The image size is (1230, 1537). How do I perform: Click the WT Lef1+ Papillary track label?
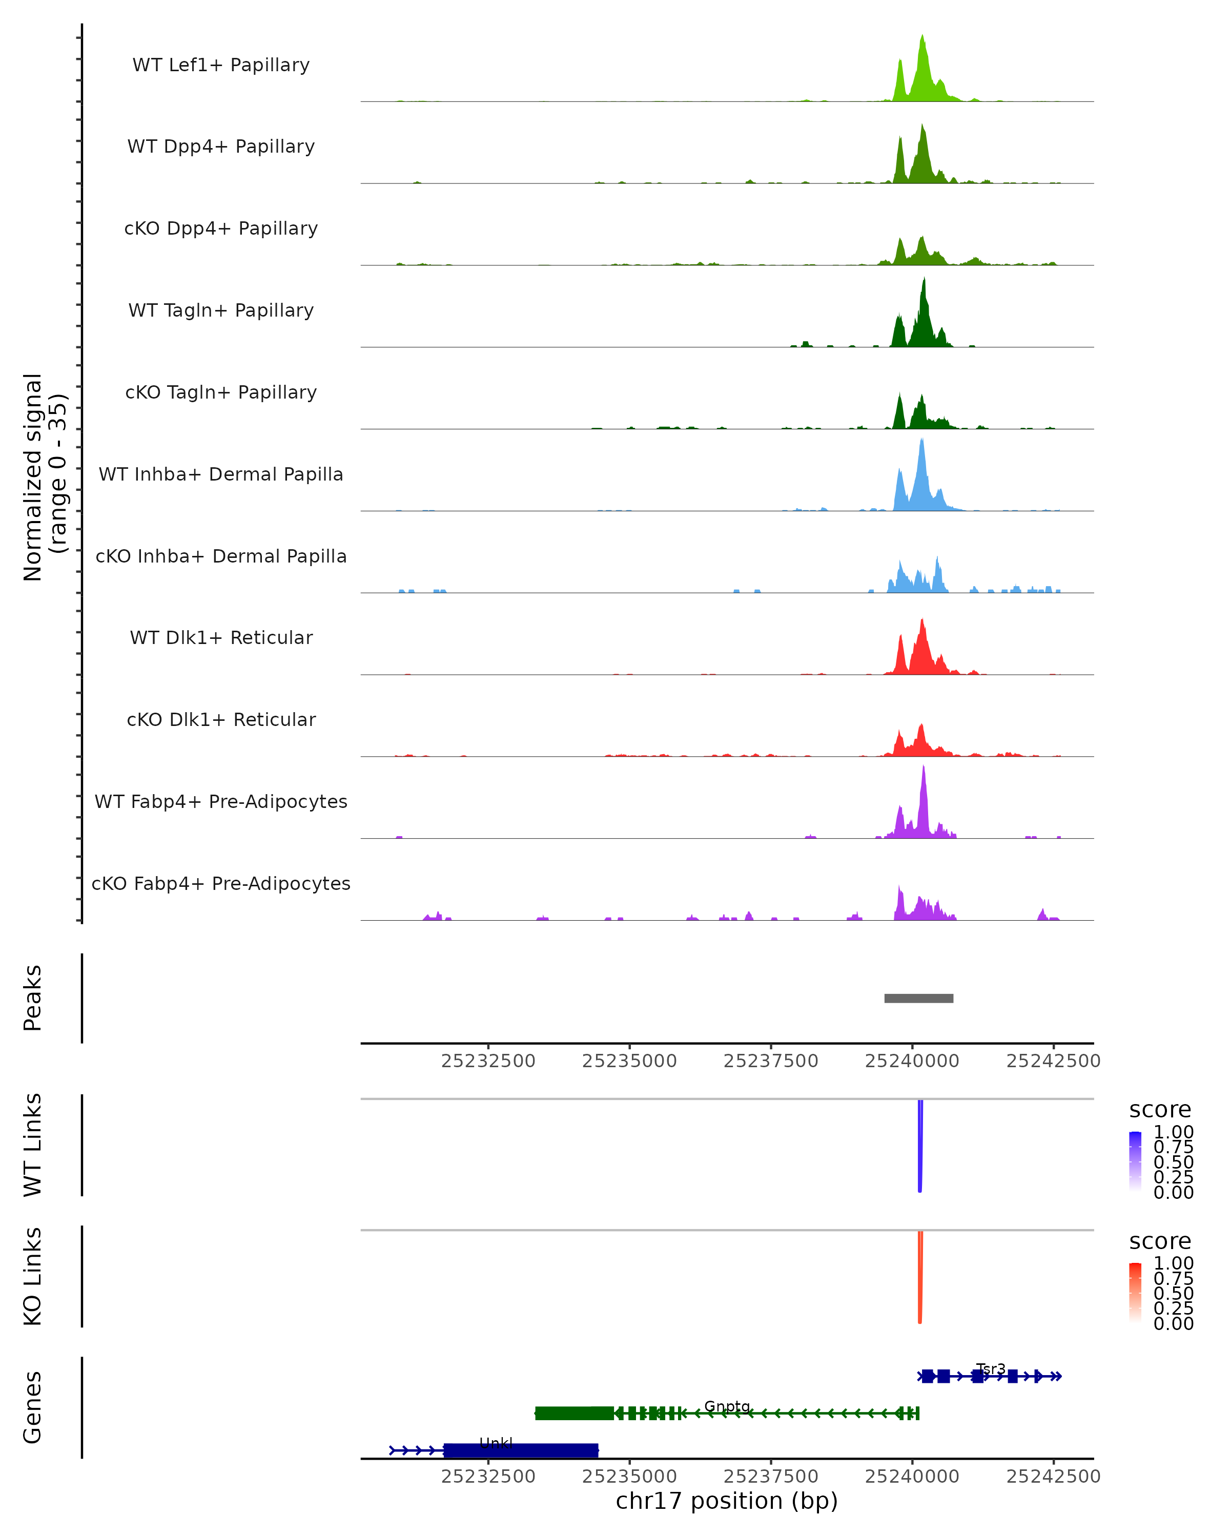pos(221,65)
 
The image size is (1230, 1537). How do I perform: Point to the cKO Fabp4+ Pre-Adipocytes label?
pos(221,883)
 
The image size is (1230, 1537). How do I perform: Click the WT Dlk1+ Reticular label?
pos(221,637)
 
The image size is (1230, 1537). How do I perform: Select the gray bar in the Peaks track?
pos(918,998)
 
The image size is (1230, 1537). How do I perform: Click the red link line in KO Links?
pos(920,1277)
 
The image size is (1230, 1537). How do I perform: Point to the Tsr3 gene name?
pos(991,1369)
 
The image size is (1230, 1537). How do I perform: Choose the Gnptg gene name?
pos(727,1406)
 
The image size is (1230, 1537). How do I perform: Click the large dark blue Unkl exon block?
pos(521,1450)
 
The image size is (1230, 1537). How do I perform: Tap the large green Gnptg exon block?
pos(574,1413)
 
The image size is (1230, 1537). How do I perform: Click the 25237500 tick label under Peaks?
pos(771,1061)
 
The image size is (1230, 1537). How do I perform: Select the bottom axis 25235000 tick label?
pos(630,1477)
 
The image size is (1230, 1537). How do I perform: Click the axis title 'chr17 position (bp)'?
pos(727,1501)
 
